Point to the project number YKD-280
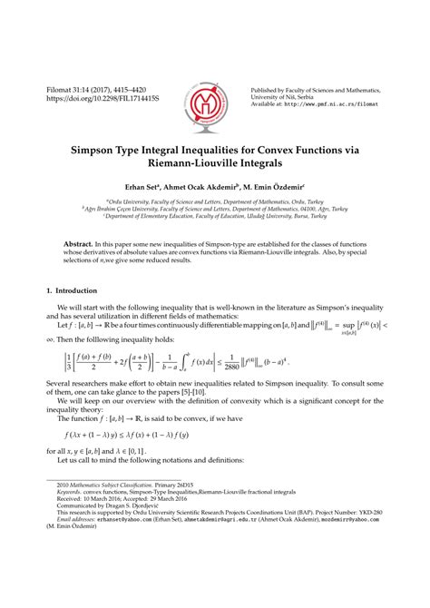tap(386, 566)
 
